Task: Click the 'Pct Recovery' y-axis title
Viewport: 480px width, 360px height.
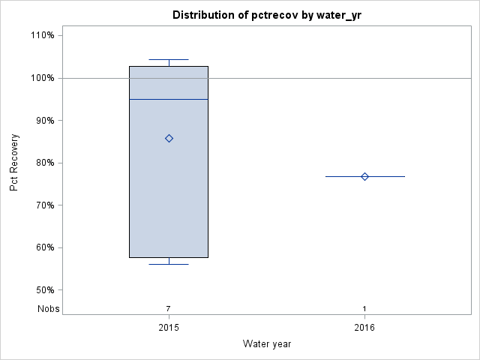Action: pos(14,163)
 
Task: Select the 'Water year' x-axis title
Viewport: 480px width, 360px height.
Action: pos(267,344)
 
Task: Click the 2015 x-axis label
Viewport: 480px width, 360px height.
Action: pos(169,328)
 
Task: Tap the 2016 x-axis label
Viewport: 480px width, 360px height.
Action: pos(364,328)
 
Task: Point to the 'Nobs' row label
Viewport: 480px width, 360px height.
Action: pos(49,308)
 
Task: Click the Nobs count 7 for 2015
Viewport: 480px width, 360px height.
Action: pos(169,308)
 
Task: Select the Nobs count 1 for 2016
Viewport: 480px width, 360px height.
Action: pos(364,308)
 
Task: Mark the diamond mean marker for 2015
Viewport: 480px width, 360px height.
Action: pos(169,138)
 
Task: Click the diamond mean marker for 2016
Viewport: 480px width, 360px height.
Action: pos(364,176)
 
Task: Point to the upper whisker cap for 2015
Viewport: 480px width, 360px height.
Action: pos(169,59)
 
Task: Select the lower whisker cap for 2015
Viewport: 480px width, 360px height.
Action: pos(169,264)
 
